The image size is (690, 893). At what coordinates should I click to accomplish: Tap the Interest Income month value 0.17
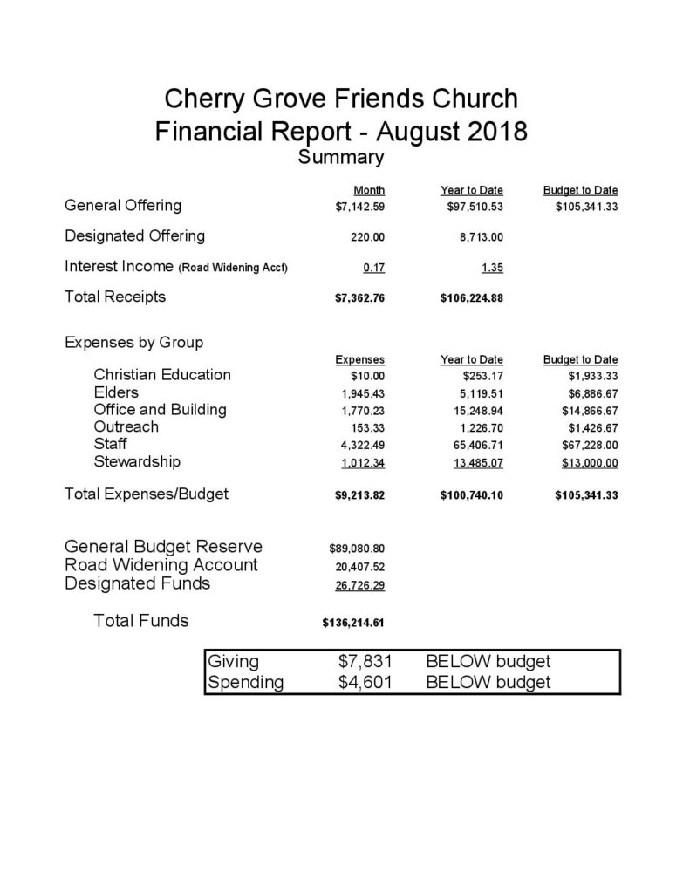[x=374, y=267]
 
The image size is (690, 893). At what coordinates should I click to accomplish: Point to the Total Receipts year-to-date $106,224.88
[x=472, y=297]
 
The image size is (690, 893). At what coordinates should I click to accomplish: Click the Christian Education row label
[x=162, y=375]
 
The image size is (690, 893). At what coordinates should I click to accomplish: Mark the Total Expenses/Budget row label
[x=147, y=494]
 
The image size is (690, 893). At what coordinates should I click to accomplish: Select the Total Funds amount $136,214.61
[x=354, y=624]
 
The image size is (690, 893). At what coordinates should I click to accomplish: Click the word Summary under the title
[x=341, y=158]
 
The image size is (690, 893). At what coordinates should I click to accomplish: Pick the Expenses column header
[x=360, y=359]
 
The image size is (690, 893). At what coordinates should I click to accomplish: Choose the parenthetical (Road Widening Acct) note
[x=234, y=268]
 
